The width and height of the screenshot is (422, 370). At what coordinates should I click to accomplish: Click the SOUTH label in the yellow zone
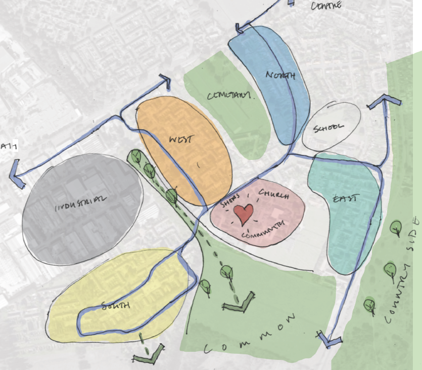tap(116, 306)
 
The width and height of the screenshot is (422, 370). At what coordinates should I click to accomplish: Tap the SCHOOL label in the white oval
tap(329, 128)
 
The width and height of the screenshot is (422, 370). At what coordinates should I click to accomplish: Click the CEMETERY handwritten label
tap(229, 95)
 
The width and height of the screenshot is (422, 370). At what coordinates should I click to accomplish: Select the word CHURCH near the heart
tap(273, 194)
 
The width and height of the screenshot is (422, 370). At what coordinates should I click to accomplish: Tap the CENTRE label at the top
tap(326, 6)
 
